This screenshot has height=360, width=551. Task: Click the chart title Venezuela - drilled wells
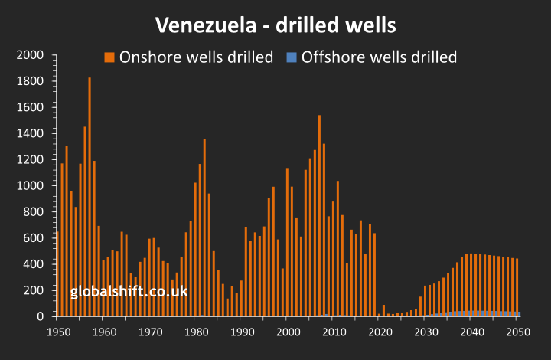[x=275, y=25]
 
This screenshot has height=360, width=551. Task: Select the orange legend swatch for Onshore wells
[x=109, y=57]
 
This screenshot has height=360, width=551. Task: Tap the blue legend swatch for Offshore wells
[x=292, y=57]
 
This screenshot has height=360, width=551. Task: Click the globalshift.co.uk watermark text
[x=129, y=292]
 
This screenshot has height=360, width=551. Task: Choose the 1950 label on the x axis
[x=57, y=332]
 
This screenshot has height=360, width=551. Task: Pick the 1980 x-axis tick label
[x=195, y=332]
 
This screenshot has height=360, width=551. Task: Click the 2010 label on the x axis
[x=334, y=332]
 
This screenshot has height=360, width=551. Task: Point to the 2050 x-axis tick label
[x=517, y=332]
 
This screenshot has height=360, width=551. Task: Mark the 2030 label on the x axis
[x=425, y=332]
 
